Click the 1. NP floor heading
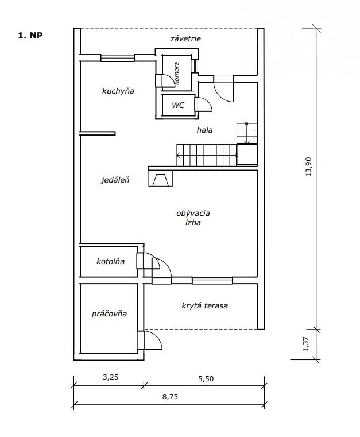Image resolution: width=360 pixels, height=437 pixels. [x=30, y=36]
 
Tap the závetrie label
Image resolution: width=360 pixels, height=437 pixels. [x=185, y=38]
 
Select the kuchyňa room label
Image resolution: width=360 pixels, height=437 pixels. [x=118, y=91]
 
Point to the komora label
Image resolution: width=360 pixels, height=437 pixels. [x=176, y=74]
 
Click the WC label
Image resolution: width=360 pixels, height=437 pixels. [x=178, y=105]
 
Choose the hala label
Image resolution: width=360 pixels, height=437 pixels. [x=204, y=130]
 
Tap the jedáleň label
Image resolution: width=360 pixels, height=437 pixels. [x=115, y=180]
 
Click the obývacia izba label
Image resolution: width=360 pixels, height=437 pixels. [x=193, y=218]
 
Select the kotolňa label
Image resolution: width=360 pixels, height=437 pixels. [x=110, y=261]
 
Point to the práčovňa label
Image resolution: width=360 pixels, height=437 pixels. [x=109, y=314]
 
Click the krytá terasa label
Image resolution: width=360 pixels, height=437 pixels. [x=205, y=305]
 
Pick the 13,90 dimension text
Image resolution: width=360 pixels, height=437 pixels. [x=309, y=167]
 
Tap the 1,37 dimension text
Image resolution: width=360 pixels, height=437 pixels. [x=306, y=344]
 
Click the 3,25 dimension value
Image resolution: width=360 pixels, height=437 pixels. [x=111, y=377]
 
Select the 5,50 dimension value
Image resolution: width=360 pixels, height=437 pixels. [x=206, y=379]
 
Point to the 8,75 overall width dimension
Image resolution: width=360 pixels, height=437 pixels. [x=170, y=396]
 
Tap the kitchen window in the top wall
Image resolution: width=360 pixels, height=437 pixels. [x=117, y=57]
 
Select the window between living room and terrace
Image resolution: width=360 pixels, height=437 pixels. [x=212, y=280]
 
